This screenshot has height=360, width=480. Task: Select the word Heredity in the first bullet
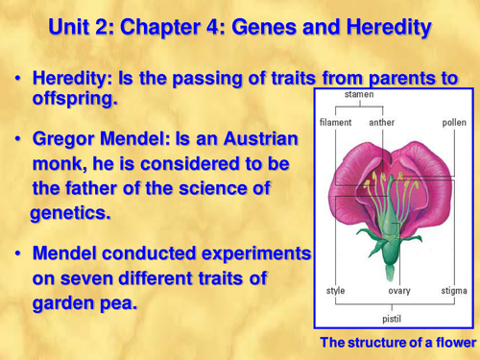click(x=69, y=80)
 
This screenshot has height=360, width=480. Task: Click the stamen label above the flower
click(x=359, y=95)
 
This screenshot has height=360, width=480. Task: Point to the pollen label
click(x=453, y=123)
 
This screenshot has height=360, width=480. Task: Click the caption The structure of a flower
click(x=397, y=343)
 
